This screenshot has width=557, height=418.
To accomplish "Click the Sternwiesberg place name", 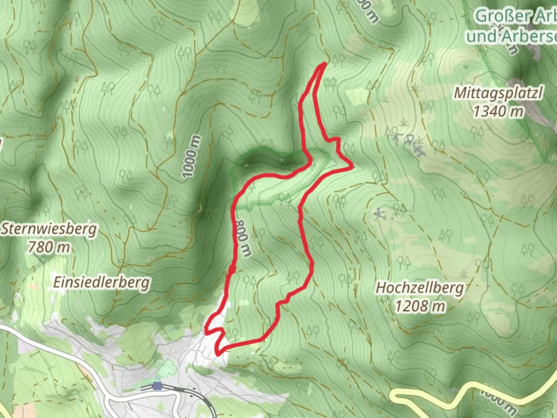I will click(x=49, y=229).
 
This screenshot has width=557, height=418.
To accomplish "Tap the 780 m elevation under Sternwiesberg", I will click(x=49, y=247).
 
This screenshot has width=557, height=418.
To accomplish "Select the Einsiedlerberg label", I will click(x=101, y=283).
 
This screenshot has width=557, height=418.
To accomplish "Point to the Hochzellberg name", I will click(x=420, y=288).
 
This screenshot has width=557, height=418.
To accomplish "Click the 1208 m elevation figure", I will click(x=420, y=306).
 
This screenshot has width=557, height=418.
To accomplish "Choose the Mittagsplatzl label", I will click(x=498, y=93).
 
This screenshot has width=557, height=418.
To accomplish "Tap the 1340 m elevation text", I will click(x=498, y=111).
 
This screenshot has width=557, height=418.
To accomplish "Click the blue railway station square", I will click(x=157, y=386).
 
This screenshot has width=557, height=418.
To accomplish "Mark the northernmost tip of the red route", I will click(x=323, y=64).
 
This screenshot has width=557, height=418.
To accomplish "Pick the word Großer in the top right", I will click(x=499, y=16).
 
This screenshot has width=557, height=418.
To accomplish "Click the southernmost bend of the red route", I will click(x=219, y=353).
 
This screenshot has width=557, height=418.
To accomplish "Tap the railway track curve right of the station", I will click(x=201, y=397).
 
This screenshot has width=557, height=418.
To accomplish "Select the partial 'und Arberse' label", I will click(x=511, y=36).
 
